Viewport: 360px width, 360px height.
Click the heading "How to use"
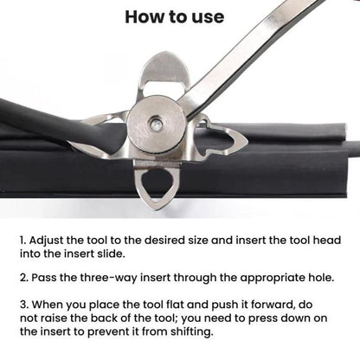(175, 16)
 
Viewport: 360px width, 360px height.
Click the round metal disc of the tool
(156, 124)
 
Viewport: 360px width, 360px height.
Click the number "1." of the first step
(23, 241)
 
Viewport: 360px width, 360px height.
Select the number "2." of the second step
(24, 278)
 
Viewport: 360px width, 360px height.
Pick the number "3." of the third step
(24, 305)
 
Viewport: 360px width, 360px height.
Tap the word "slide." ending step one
(112, 254)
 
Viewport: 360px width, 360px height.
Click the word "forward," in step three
(273, 305)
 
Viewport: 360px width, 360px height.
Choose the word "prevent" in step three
(108, 332)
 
